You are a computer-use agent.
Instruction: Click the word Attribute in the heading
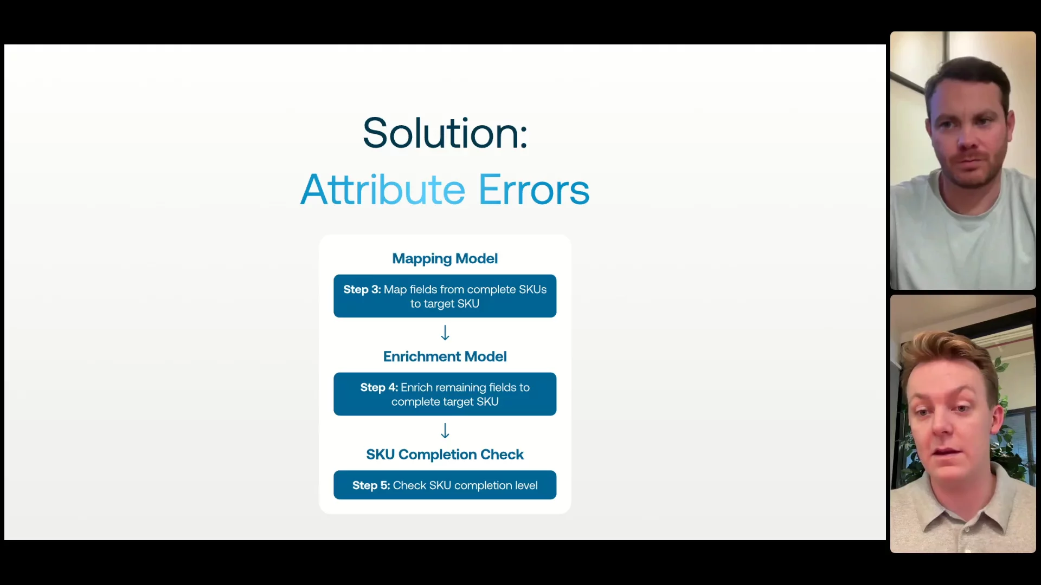coord(383,190)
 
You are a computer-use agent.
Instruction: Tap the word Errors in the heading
coord(534,190)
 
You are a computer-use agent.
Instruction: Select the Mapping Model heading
coord(445,258)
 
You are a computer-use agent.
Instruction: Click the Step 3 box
coord(445,296)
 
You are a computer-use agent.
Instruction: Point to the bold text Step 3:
coord(362,289)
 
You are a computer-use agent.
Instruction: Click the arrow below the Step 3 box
coord(445,333)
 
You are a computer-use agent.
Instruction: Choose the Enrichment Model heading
coord(445,356)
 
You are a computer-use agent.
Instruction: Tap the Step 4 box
coord(445,394)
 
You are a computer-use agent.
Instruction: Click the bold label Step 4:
coord(379,387)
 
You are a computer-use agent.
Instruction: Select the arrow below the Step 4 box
coord(445,431)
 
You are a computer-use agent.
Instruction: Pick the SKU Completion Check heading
coord(445,454)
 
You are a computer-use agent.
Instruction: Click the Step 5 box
coord(445,485)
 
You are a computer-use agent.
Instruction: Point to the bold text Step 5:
coord(371,485)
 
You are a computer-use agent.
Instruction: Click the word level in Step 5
coord(526,485)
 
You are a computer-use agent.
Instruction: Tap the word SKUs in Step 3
coord(532,289)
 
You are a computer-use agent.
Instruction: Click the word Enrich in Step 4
coord(416,387)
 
